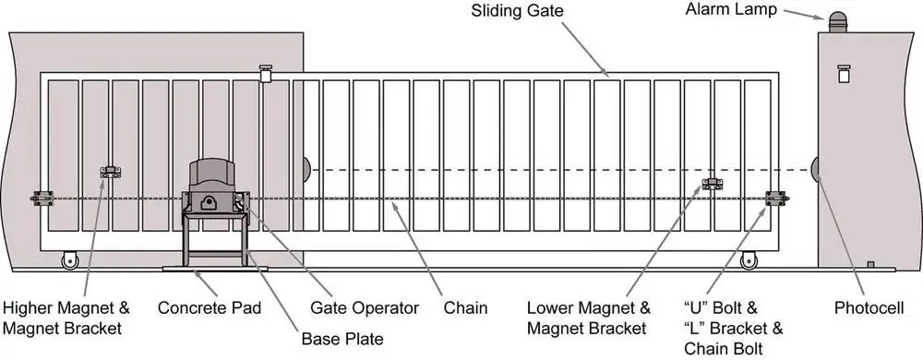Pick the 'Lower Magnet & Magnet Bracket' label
589,317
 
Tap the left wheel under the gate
68,261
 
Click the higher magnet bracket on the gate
111,172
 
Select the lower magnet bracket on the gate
712,184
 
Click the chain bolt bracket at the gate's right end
777,198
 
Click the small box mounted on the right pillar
844,74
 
